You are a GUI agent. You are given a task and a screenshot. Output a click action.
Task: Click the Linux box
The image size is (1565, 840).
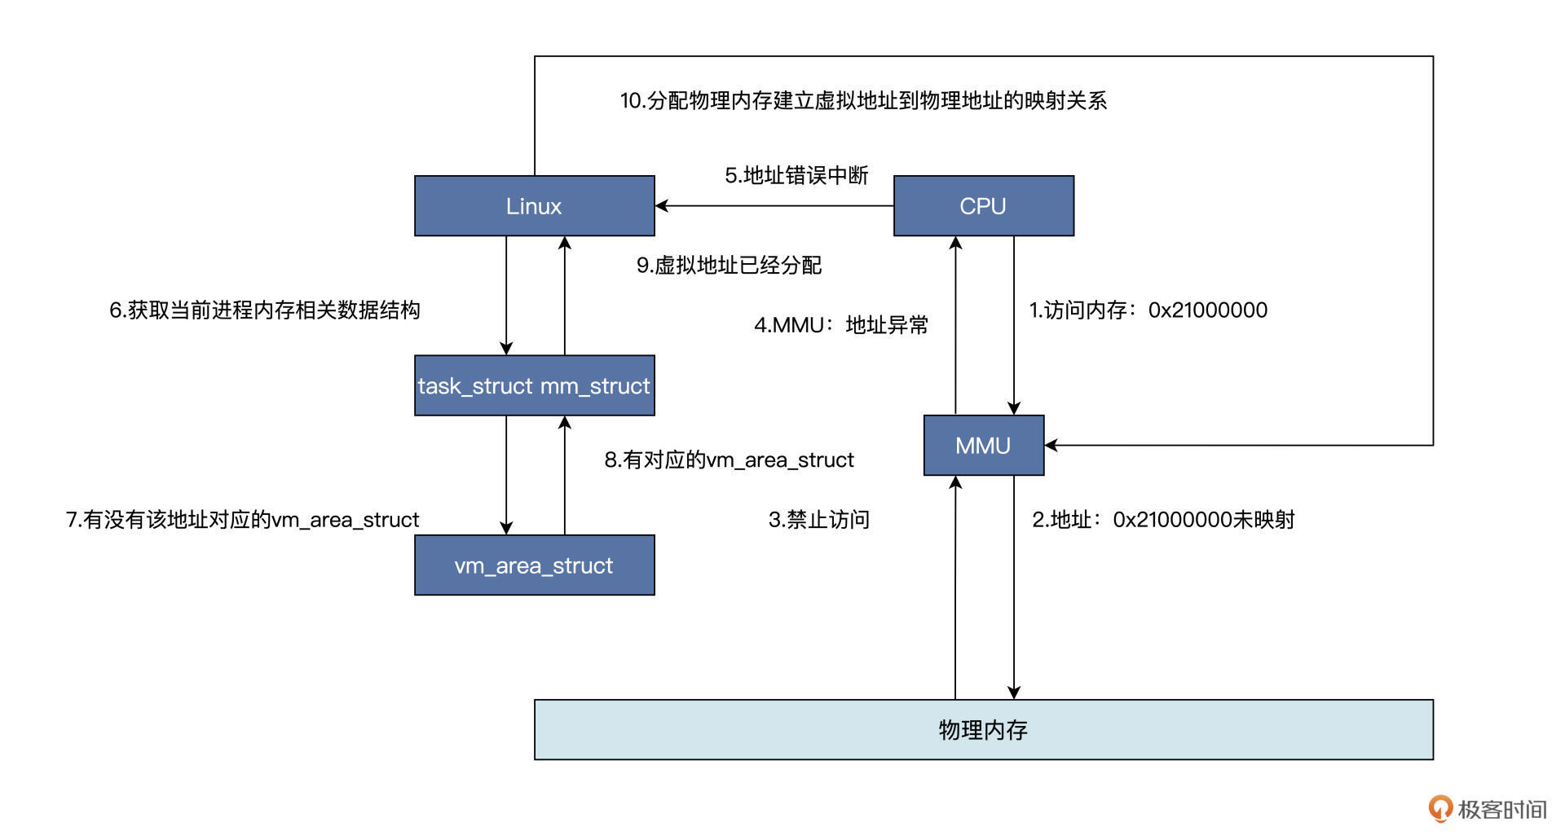pyautogui.click(x=534, y=206)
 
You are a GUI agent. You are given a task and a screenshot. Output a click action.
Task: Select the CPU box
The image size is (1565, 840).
pyautogui.click(x=983, y=206)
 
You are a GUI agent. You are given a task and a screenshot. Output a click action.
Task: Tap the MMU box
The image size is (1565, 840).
pyautogui.click(x=983, y=446)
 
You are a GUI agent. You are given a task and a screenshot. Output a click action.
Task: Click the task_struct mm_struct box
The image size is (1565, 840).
pyautogui.click(x=534, y=385)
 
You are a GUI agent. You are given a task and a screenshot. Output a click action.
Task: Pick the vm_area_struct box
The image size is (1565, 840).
pyautogui.click(x=534, y=565)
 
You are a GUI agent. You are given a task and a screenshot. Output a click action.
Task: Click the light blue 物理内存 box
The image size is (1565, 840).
pyautogui.click(x=983, y=730)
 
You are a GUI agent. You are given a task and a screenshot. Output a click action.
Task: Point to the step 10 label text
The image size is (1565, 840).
pyautogui.click(x=862, y=101)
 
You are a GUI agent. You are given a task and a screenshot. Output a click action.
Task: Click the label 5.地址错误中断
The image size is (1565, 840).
pyautogui.click(x=796, y=176)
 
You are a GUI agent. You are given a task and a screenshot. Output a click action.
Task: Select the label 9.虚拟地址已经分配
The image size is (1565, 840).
pyautogui.click(x=729, y=266)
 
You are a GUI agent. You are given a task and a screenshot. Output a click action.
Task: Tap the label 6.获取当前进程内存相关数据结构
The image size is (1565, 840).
pyautogui.click(x=265, y=310)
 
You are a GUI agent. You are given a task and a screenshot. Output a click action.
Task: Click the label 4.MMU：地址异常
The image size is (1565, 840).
pyautogui.click(x=840, y=326)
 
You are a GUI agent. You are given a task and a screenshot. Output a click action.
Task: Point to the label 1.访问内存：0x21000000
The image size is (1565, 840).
pyautogui.click(x=1148, y=310)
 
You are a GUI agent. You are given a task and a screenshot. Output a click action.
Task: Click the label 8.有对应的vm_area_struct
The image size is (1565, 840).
pyautogui.click(x=729, y=460)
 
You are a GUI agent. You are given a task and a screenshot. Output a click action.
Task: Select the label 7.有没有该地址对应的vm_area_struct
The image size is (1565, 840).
pyautogui.click(x=242, y=520)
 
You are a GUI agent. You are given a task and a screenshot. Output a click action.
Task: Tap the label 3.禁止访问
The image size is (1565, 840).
pyautogui.click(x=818, y=520)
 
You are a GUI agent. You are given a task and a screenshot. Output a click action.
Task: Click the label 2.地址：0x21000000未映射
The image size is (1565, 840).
pyautogui.click(x=1163, y=520)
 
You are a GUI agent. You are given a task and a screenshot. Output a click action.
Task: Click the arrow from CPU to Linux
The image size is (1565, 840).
pyautogui.click(x=774, y=206)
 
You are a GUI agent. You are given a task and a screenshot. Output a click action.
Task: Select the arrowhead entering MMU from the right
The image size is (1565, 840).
pyautogui.click(x=1051, y=446)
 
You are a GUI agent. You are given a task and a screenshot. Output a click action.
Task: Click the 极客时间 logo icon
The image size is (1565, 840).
pyautogui.click(x=1439, y=809)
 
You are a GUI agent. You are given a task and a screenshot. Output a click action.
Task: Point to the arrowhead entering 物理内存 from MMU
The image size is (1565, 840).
pyautogui.click(x=1014, y=693)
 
